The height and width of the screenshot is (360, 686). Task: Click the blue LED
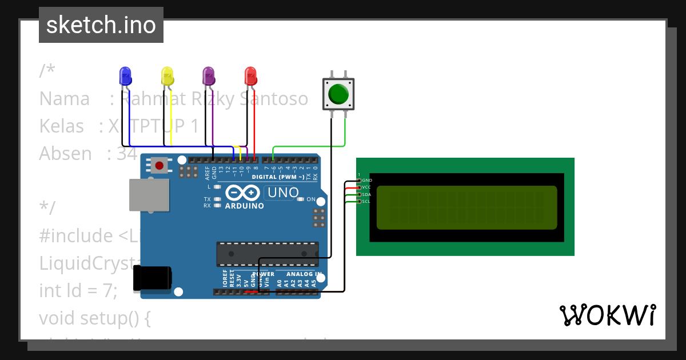click(125, 76)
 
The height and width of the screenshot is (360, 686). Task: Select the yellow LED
click(167, 76)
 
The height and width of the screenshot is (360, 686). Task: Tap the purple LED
click(209, 76)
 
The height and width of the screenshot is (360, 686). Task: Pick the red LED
click(250, 76)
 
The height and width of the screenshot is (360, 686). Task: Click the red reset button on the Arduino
click(159, 166)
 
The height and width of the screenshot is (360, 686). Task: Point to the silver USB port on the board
click(149, 195)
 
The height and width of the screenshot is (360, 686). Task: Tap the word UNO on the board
click(283, 193)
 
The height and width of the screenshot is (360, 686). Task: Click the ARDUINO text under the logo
click(245, 206)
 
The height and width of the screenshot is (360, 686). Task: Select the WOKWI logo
click(607, 315)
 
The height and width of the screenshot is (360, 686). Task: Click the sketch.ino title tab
click(101, 25)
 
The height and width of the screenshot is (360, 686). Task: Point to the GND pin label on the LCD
click(367, 181)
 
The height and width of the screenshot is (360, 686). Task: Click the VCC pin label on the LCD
click(367, 187)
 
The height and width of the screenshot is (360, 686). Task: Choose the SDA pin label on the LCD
click(367, 194)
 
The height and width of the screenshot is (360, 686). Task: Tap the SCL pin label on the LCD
click(367, 202)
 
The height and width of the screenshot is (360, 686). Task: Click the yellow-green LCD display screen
click(466, 207)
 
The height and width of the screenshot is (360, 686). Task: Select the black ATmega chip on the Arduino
click(267, 254)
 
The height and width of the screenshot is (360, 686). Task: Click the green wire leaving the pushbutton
click(345, 134)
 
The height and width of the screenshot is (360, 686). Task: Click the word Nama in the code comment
click(64, 99)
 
